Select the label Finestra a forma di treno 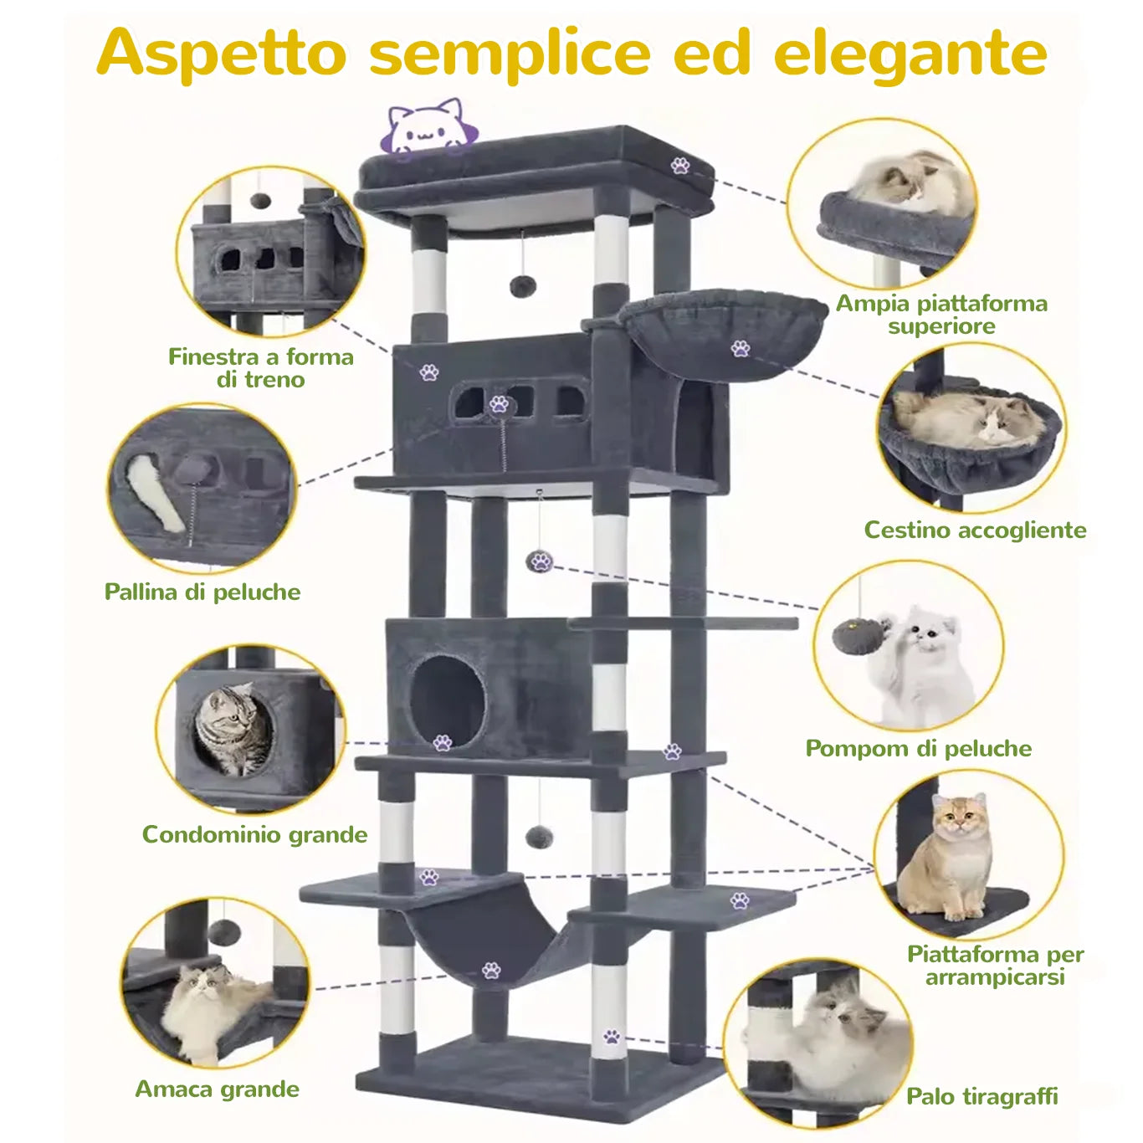[x=261, y=368]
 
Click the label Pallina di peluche [x=202, y=592]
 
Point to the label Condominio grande [x=254, y=834]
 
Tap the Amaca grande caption [x=217, y=1089]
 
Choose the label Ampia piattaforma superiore [x=941, y=315]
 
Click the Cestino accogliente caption [x=975, y=530]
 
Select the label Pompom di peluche [x=918, y=748]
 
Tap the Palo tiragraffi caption [x=982, y=1096]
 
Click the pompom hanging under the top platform [x=523, y=286]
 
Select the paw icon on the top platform [x=680, y=166]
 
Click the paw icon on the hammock [x=491, y=971]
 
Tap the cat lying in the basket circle [x=966, y=420]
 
